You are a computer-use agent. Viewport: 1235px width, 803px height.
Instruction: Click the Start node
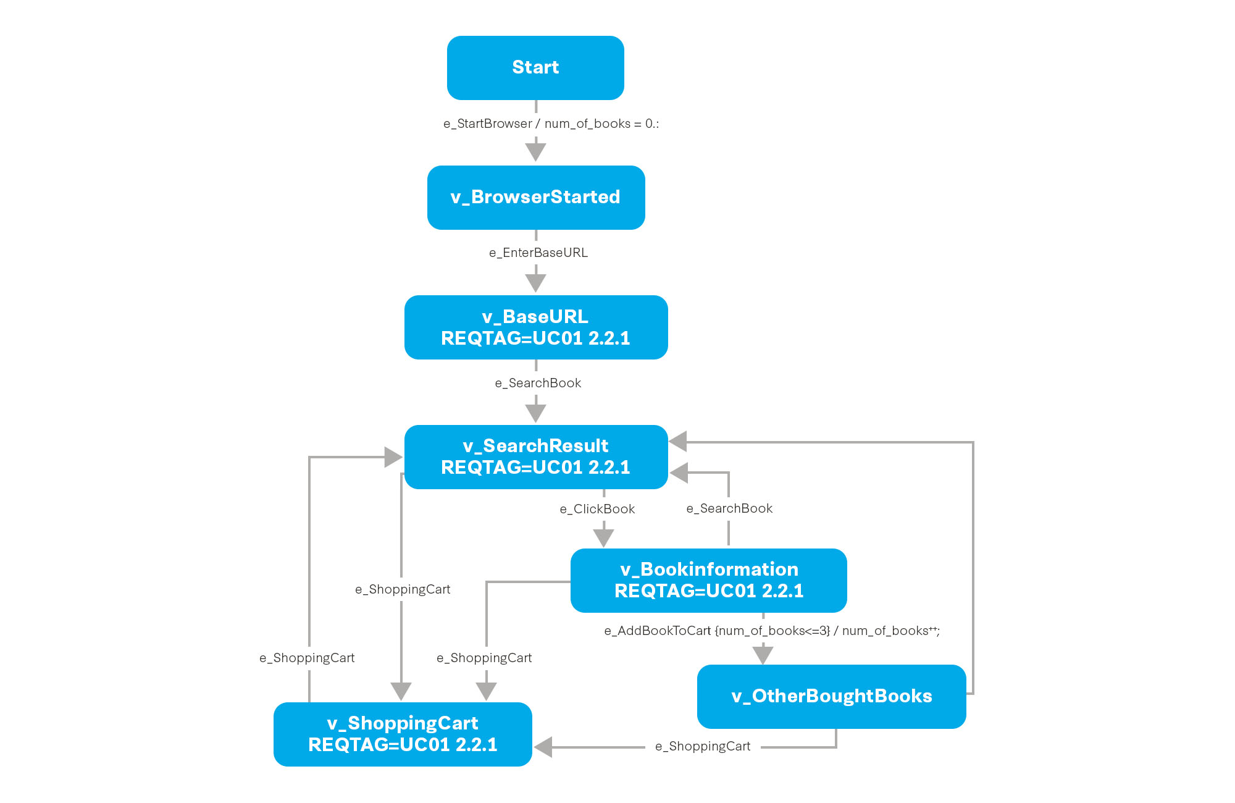point(535,68)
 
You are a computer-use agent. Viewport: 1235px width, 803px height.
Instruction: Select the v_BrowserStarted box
point(536,198)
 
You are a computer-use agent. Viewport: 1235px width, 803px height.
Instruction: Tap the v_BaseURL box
point(536,327)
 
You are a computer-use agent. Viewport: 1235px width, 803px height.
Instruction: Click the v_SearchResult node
point(536,457)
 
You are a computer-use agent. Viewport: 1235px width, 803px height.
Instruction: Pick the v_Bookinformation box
point(708,581)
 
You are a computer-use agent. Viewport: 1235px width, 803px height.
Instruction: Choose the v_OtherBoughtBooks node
point(831,696)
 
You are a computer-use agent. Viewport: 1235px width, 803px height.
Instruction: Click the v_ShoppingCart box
point(403,734)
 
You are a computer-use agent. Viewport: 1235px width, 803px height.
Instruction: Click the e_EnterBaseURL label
point(538,253)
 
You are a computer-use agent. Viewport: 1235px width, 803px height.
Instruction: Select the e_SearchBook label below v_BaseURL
point(538,383)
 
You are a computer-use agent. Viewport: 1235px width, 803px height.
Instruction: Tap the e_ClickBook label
point(597,509)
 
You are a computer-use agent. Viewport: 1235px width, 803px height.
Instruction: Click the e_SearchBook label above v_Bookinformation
point(729,508)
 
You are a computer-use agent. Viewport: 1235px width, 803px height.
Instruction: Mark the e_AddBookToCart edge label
point(771,631)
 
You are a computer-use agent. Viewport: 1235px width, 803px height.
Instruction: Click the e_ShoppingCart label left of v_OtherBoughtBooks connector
point(703,746)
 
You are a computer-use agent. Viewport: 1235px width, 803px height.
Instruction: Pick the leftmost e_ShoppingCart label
point(307,658)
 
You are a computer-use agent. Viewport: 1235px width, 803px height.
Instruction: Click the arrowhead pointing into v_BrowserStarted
point(535,152)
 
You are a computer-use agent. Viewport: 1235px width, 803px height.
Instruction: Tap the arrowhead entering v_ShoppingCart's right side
point(543,747)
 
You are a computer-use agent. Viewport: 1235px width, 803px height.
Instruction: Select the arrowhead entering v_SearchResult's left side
point(393,457)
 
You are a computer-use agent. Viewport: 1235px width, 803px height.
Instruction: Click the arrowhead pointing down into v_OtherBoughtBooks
point(763,655)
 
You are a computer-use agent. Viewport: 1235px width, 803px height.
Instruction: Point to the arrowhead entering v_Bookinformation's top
point(603,537)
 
